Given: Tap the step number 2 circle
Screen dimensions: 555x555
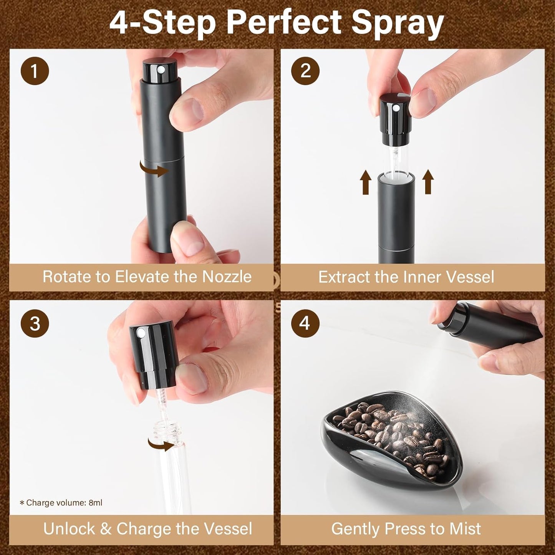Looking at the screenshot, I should click(x=305, y=71).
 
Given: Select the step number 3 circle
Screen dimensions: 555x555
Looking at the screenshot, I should click(x=35, y=323).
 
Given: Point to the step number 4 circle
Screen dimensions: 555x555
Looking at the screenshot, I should click(x=305, y=323).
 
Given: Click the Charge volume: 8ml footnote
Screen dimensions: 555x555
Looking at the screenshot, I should click(x=61, y=503).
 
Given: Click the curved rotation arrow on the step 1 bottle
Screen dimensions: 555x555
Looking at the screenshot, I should click(x=154, y=169).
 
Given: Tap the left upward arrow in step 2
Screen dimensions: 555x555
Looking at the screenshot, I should click(x=366, y=182).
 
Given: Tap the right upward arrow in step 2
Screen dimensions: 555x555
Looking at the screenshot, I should click(x=428, y=182).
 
